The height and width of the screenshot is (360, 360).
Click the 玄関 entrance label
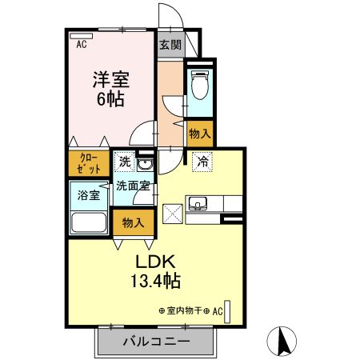169,45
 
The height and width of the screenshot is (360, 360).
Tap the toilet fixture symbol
200,85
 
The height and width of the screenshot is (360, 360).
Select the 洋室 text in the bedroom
110,81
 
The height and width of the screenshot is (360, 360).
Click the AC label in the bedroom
82,46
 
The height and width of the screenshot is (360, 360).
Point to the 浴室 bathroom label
88,194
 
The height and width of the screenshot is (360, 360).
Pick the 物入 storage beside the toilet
200,133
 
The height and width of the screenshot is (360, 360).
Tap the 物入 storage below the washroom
133,222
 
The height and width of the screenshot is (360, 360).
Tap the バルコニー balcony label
156,342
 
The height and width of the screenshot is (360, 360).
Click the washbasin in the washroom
146,166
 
